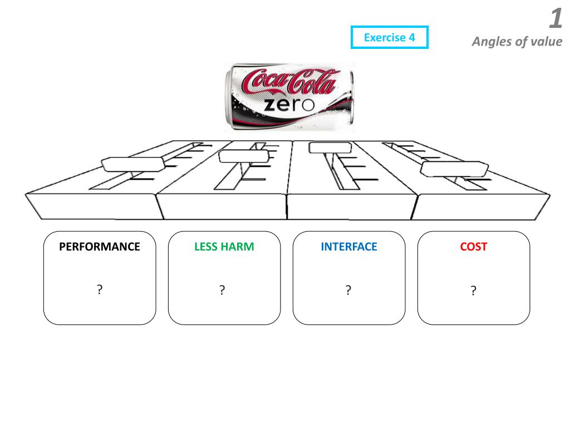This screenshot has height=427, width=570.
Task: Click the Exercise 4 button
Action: point(390,38)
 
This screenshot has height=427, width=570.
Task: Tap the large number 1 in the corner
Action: point(555,19)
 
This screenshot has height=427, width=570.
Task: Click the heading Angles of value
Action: point(517,42)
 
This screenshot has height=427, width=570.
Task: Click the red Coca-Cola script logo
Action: point(289,81)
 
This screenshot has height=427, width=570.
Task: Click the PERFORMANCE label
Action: point(100,247)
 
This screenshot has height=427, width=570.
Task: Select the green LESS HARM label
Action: point(224,247)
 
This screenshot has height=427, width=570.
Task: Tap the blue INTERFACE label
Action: point(348,247)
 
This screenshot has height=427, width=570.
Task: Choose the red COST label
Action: point(474,247)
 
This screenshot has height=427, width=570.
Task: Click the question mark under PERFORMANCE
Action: point(99,289)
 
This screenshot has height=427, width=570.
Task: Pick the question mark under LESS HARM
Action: point(222,290)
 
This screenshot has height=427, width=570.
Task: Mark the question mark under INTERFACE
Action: point(348,290)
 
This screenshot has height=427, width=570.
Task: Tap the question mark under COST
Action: point(473,290)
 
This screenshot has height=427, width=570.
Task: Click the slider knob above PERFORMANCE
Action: point(132,163)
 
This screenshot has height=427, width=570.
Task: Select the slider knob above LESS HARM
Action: point(244,156)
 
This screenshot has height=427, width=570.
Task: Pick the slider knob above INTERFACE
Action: point(331,147)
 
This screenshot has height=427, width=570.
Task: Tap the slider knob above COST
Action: point(454,168)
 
